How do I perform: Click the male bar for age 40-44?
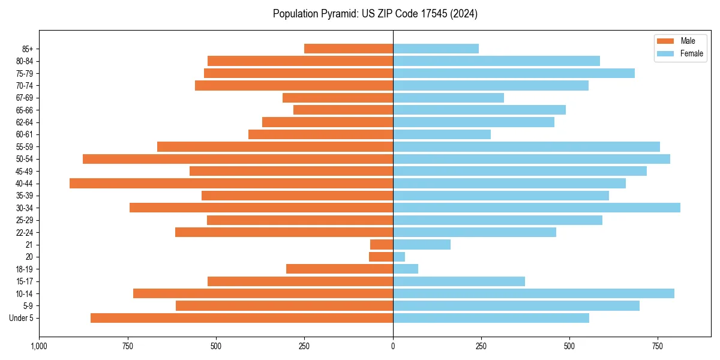(231, 184)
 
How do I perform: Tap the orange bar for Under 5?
(242, 318)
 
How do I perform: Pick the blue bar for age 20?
(399, 257)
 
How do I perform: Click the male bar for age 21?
(382, 245)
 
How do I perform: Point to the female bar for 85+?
(436, 49)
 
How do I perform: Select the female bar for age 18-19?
(406, 269)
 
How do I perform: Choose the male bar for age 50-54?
(238, 159)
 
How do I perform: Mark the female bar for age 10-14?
(533, 293)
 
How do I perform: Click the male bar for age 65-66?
(343, 110)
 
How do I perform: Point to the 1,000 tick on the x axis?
(39, 346)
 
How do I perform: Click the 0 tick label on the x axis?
(393, 346)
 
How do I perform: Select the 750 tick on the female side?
(658, 346)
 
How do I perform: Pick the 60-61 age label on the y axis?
(25, 134)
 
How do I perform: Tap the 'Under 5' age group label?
(21, 318)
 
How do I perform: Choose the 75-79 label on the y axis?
(25, 73)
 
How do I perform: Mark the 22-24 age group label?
(25, 232)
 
